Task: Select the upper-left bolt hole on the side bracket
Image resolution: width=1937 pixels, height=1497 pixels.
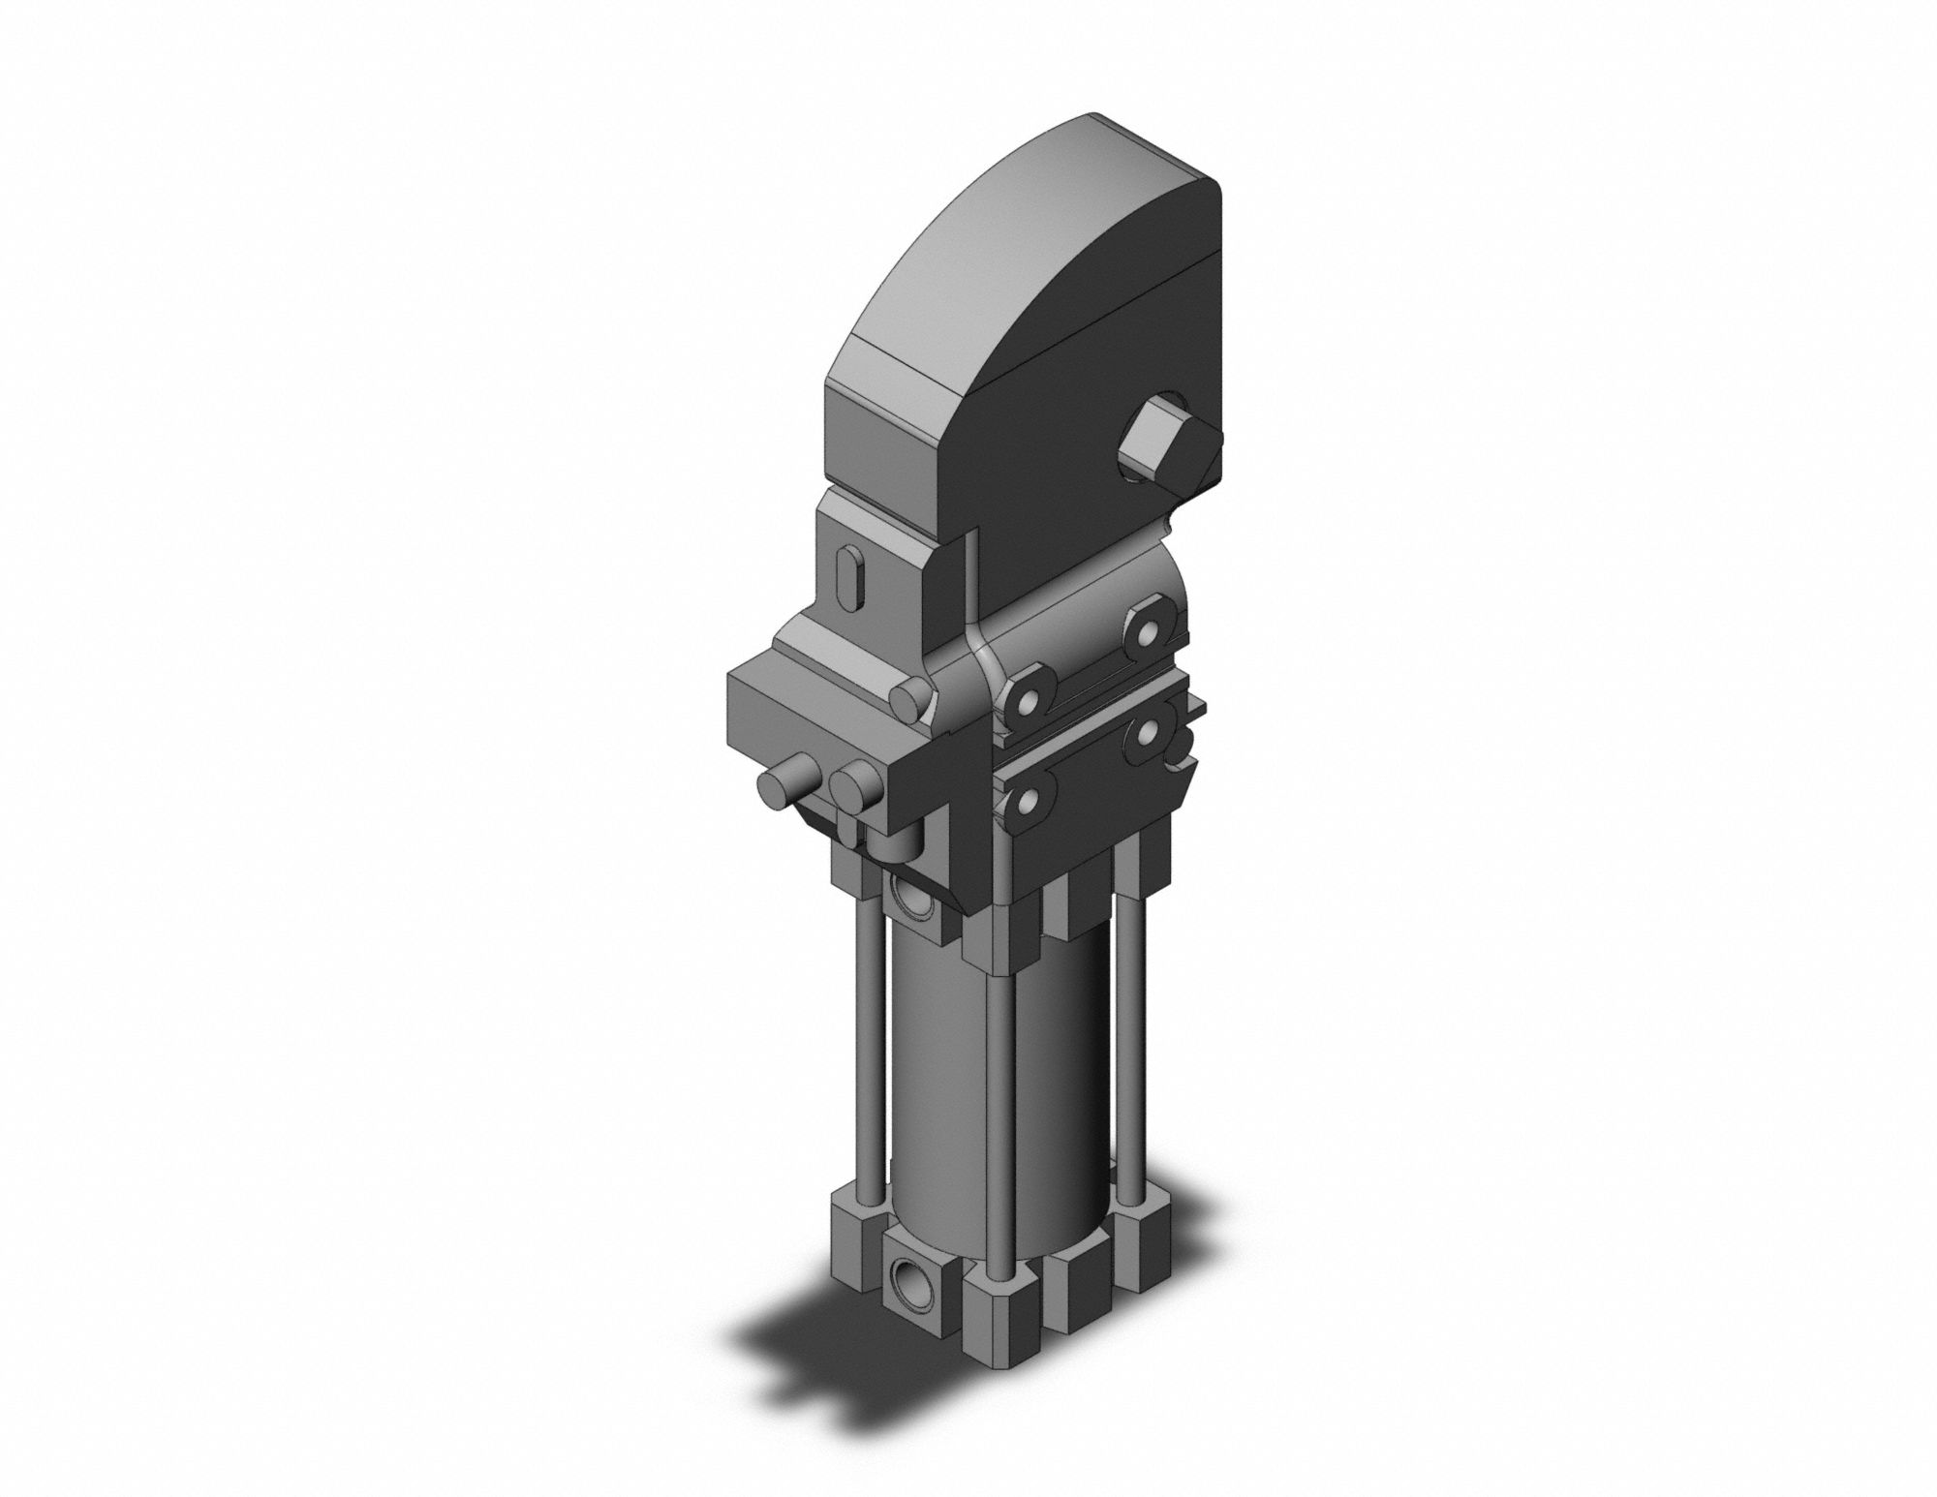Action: click(x=1030, y=700)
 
